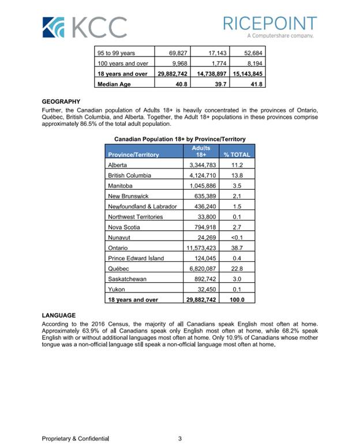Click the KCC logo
pyautogui.click(x=85, y=27)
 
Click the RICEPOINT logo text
pyautogui.click(x=269, y=24)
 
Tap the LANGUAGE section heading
pyautogui.click(x=59, y=316)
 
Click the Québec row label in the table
pyautogui.click(x=118, y=268)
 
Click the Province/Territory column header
pyautogui.click(x=133, y=154)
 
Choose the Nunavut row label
pyautogui.click(x=119, y=237)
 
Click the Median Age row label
pyautogui.click(x=114, y=84)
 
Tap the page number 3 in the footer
pyautogui.click(x=180, y=439)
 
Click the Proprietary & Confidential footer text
pyautogui.click(x=75, y=439)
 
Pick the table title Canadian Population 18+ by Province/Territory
pyautogui.click(x=180, y=139)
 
